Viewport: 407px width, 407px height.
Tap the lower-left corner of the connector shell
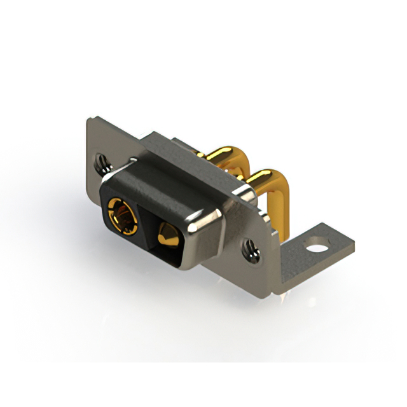click(106, 219)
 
